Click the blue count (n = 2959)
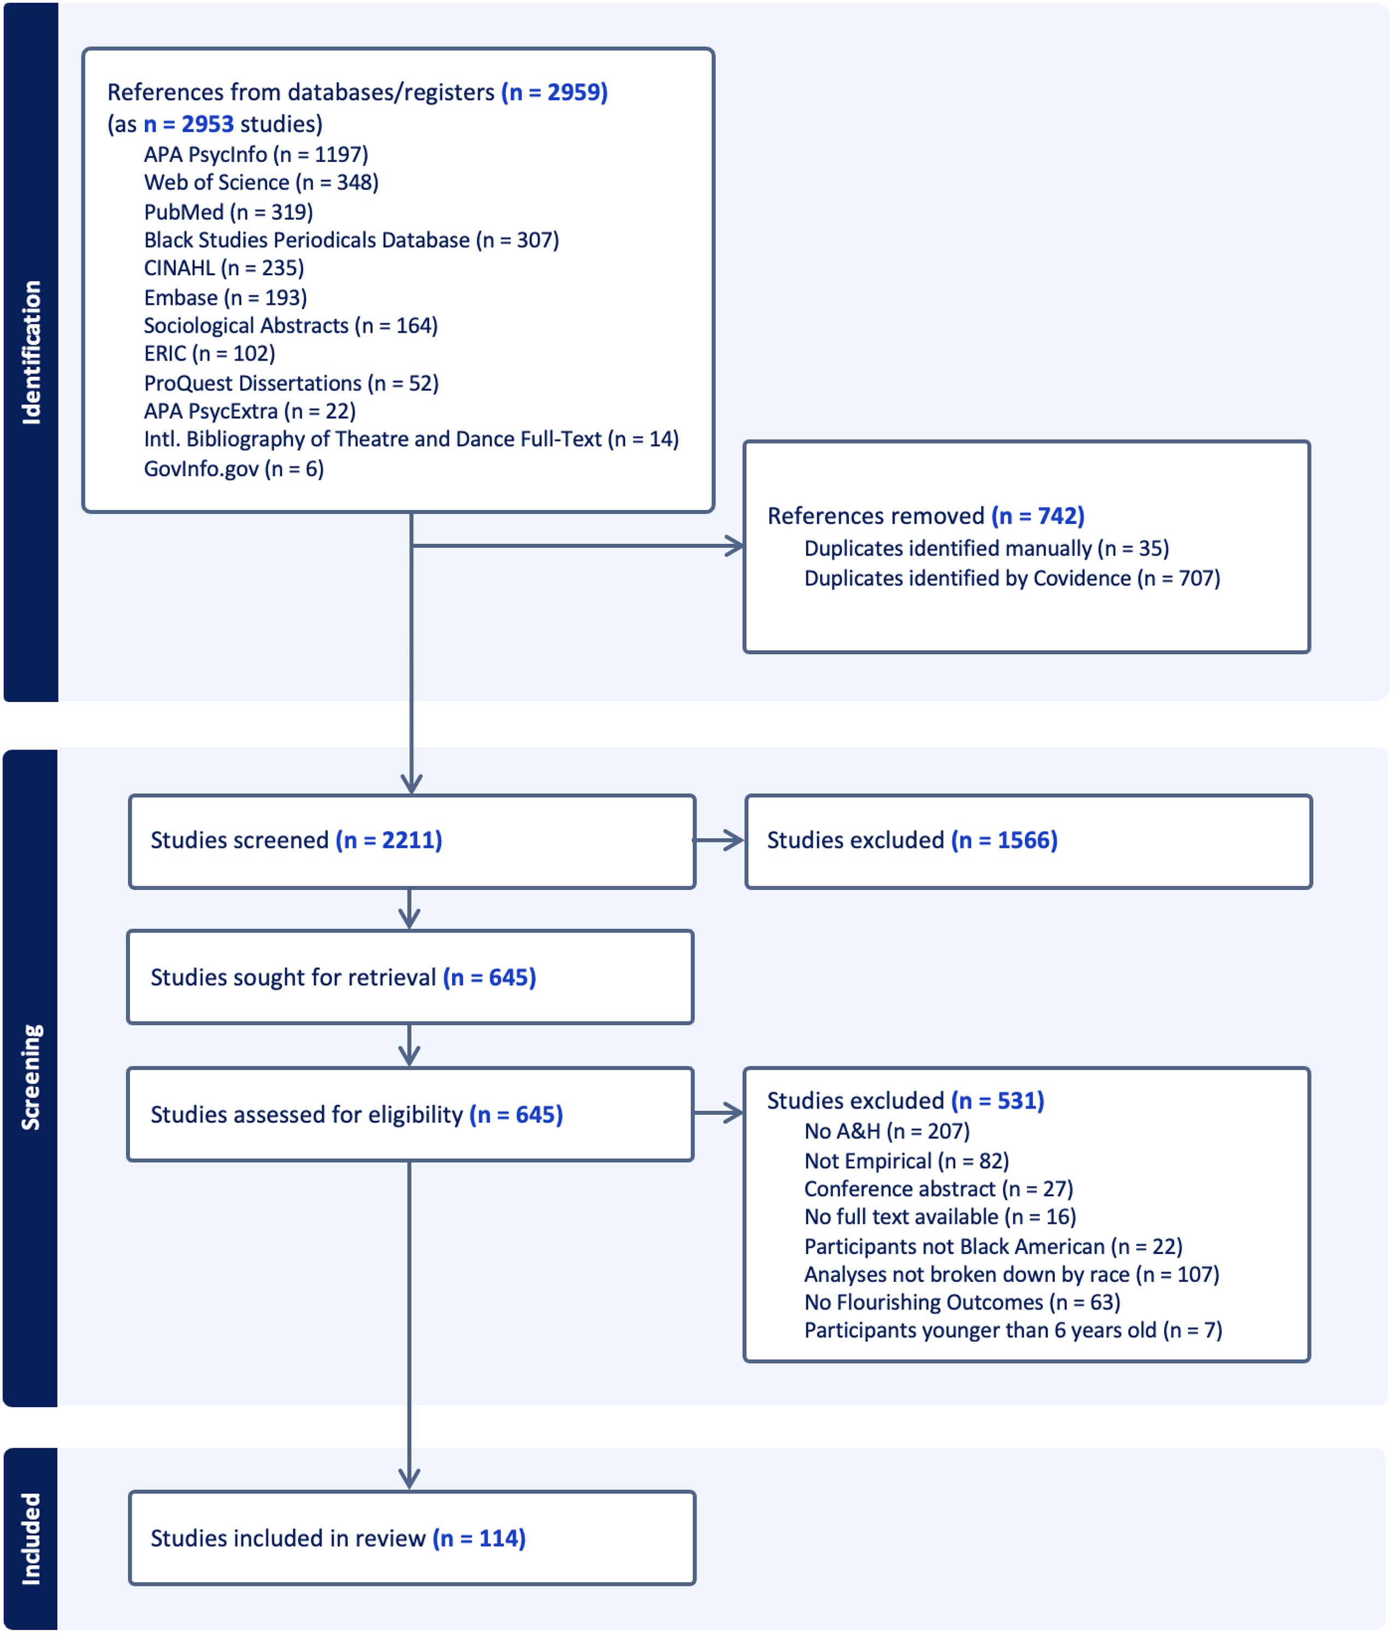click(x=554, y=92)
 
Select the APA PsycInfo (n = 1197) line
click(x=256, y=155)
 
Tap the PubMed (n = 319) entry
click(x=228, y=212)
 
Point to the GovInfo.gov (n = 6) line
click(x=234, y=469)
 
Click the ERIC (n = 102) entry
click(x=210, y=353)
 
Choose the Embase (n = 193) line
click(x=225, y=298)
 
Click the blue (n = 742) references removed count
click(x=1038, y=516)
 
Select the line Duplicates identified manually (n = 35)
click(x=987, y=549)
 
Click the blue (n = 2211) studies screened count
click(x=389, y=840)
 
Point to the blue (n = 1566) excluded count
click(x=1005, y=840)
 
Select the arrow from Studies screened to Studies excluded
click(x=718, y=840)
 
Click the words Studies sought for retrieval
click(x=293, y=977)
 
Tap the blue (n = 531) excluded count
click(x=997, y=1101)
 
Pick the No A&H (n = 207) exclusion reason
click(x=887, y=1132)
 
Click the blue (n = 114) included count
click(x=479, y=1538)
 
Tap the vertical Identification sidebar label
click(x=31, y=352)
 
